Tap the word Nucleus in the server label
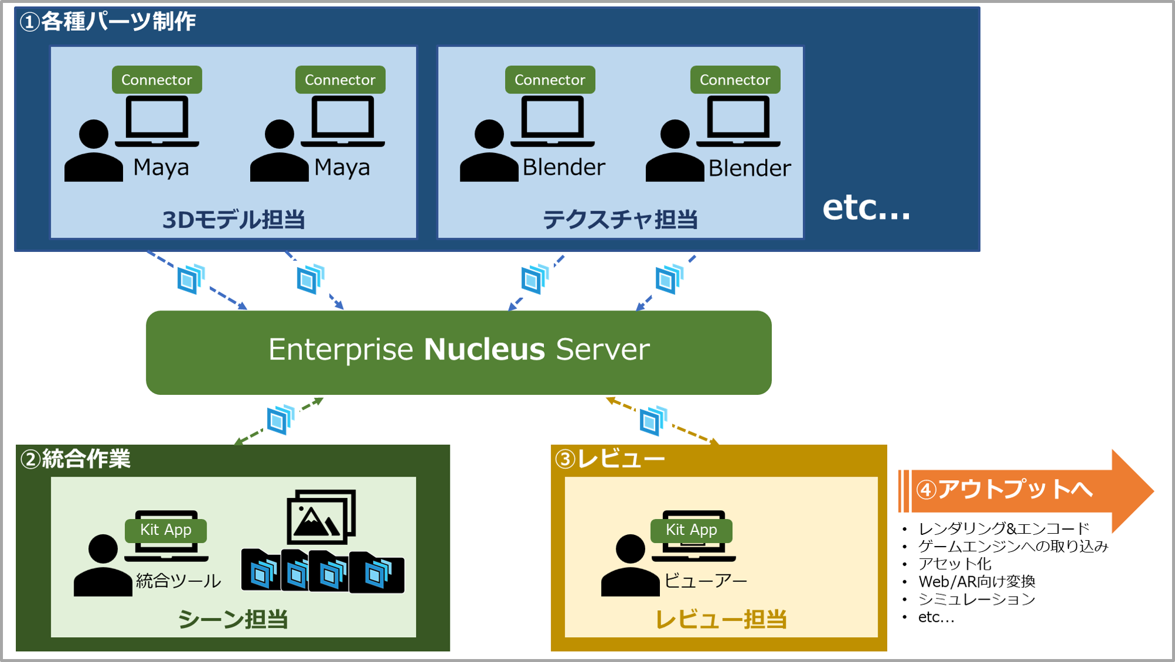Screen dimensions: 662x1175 [x=484, y=349]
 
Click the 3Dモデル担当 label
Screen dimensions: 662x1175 [x=233, y=219]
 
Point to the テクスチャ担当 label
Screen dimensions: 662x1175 [x=620, y=219]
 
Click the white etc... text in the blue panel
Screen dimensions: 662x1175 [x=866, y=208]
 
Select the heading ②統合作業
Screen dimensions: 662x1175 [x=75, y=459]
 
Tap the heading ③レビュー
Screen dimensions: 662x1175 [x=610, y=459]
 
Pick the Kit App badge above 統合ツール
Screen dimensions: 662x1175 [x=165, y=530]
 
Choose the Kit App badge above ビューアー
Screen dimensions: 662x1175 [x=691, y=530]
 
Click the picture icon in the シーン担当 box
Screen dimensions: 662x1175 [x=321, y=517]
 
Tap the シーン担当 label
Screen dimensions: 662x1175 [x=233, y=619]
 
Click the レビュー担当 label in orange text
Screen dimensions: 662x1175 [x=721, y=619]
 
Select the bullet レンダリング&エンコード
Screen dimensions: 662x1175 [x=1004, y=528]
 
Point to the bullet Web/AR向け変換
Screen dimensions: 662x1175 [x=977, y=581]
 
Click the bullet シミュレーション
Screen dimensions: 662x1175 [x=977, y=599]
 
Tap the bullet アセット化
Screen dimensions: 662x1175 [x=955, y=564]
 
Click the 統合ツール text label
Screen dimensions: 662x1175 [x=178, y=581]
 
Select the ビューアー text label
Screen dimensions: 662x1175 [x=705, y=581]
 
